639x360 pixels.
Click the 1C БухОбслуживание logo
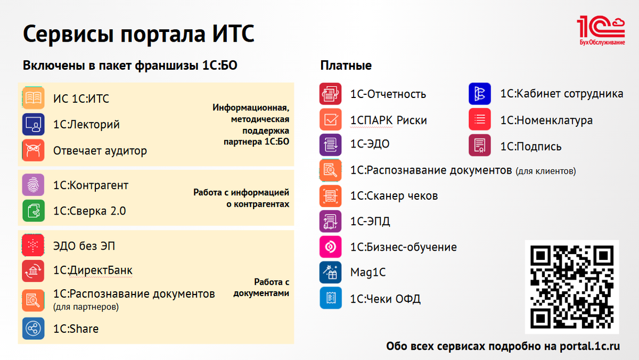click(x=601, y=30)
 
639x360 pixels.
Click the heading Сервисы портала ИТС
click(x=138, y=35)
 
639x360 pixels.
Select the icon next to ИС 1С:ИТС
click(x=33, y=98)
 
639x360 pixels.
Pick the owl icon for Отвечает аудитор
click(x=33, y=150)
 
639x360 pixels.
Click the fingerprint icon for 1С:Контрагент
click(x=33, y=185)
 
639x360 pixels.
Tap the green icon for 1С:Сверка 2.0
click(x=33, y=210)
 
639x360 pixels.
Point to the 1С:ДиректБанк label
click(x=93, y=271)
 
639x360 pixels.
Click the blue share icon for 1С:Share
click(x=33, y=329)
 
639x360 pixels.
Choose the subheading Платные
click(x=346, y=66)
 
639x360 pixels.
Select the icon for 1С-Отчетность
click(x=330, y=94)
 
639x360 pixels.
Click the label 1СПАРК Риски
click(x=389, y=120)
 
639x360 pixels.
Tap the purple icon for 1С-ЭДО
click(x=330, y=144)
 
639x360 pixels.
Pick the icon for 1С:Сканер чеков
click(x=330, y=196)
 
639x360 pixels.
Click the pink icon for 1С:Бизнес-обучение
click(x=330, y=247)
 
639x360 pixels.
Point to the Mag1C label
click(x=368, y=273)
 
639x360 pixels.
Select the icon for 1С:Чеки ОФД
click(x=330, y=298)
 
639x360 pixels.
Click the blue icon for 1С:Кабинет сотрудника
click(x=479, y=94)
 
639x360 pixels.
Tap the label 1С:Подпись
click(x=531, y=146)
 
